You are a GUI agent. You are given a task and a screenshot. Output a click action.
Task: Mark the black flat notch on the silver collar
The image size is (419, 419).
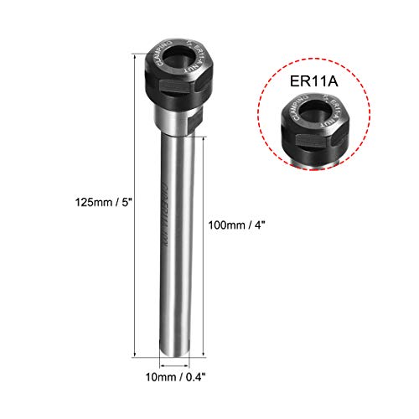pos(194,122)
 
